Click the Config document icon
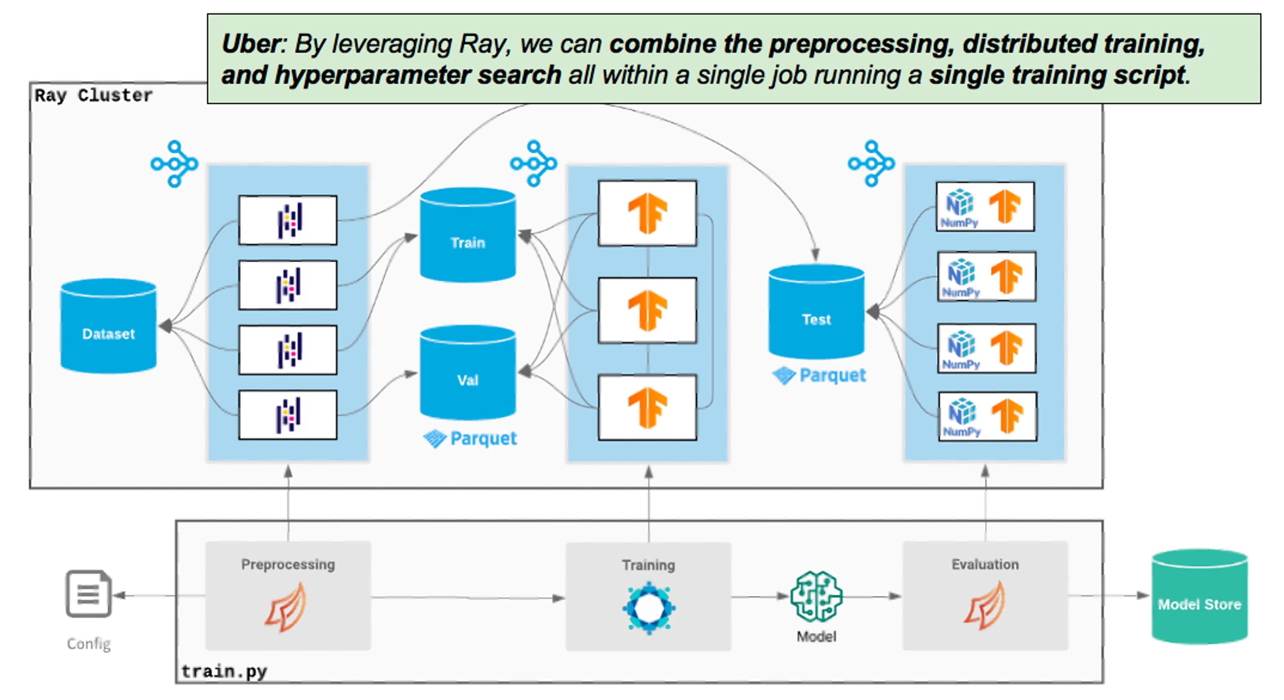[89, 594]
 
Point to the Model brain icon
[816, 596]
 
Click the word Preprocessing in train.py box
[288, 564]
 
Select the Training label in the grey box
[648, 565]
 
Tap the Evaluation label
[985, 564]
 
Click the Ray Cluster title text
[93, 95]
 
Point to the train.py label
[224, 671]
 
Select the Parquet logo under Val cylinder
[470, 438]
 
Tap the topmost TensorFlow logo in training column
[647, 213]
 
